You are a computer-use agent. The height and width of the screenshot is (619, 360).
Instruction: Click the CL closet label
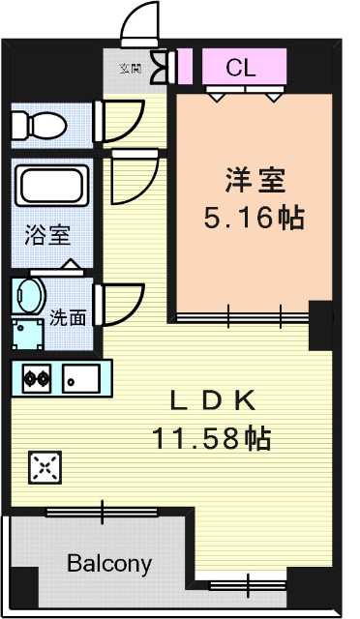click(x=241, y=67)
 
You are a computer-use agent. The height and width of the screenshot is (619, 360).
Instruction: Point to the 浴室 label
click(x=46, y=235)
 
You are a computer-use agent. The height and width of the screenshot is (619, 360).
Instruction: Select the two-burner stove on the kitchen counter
click(x=37, y=378)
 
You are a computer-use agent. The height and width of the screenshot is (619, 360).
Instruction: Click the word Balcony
click(x=109, y=564)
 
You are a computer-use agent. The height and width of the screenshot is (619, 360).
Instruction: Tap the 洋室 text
click(x=254, y=181)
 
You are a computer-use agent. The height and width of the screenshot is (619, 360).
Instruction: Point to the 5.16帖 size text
click(x=254, y=218)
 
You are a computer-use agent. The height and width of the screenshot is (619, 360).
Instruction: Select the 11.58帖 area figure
click(x=210, y=438)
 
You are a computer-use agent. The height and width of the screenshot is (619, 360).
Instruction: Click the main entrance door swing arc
click(x=141, y=21)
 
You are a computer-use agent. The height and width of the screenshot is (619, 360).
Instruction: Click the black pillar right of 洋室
click(x=320, y=326)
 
